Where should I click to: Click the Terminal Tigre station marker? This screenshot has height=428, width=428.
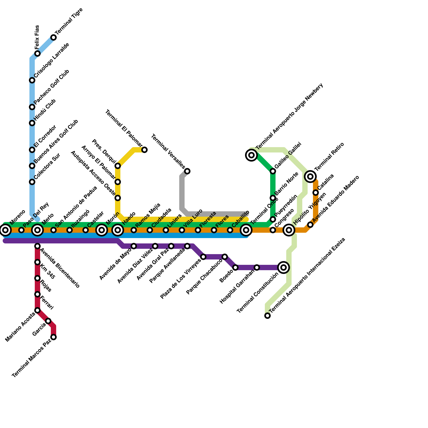pyautogui.click(x=53, y=37)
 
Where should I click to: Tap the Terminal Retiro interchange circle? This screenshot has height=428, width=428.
pyautogui.click(x=310, y=177)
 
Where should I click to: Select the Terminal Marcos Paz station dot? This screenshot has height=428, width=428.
pyautogui.click(x=53, y=337)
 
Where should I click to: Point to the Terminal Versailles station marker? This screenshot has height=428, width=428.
pyautogui.click(x=187, y=171)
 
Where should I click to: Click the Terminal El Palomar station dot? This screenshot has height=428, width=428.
pyautogui.click(x=144, y=150)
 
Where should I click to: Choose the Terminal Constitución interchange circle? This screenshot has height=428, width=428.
pyautogui.click(x=284, y=267)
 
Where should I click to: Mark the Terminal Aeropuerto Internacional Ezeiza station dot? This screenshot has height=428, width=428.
pyautogui.click(x=267, y=316)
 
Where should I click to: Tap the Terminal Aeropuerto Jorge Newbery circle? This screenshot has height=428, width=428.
pyautogui.click(x=251, y=155)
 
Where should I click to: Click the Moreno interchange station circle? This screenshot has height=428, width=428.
pyautogui.click(x=5, y=230)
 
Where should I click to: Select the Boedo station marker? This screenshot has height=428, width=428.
pyautogui.click(x=235, y=267)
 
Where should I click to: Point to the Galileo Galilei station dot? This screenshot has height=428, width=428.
pyautogui.click(x=273, y=171)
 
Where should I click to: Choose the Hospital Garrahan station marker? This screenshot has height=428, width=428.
pyautogui.click(x=257, y=267)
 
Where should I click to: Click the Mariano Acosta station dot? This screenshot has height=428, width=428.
pyautogui.click(x=37, y=310)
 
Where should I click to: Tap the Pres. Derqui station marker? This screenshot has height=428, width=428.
pyautogui.click(x=118, y=166)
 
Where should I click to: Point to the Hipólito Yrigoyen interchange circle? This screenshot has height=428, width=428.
pyautogui.click(x=289, y=230)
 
